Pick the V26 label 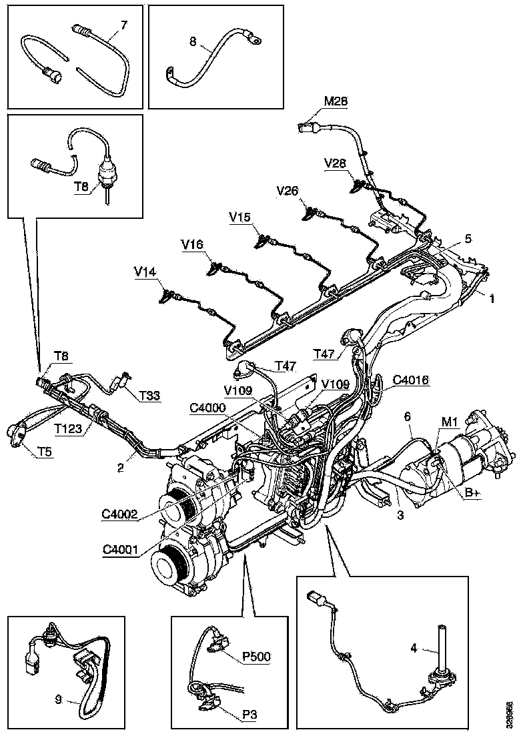tap(288, 191)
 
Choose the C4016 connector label tap(411, 380)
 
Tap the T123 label tap(69, 430)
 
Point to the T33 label tap(150, 396)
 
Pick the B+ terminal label tap(472, 492)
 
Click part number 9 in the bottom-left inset tap(59, 699)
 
